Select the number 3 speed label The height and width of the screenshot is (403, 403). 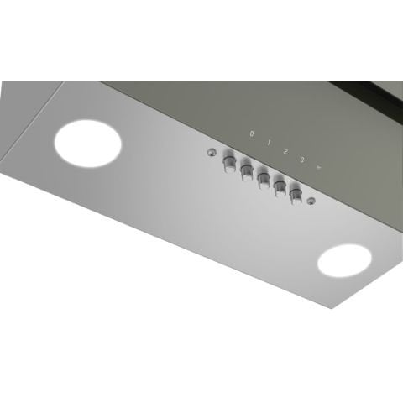point(301,154)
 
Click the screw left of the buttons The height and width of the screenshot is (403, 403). point(210,154)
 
